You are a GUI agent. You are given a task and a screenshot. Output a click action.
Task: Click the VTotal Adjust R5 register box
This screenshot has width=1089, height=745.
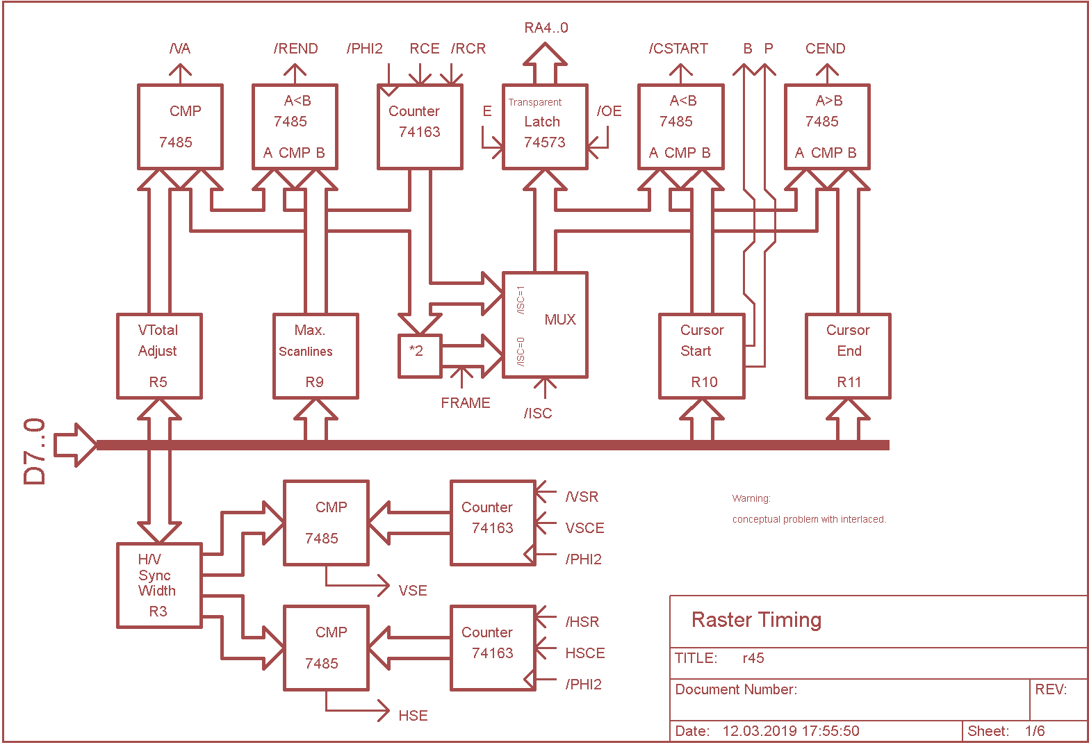(x=159, y=356)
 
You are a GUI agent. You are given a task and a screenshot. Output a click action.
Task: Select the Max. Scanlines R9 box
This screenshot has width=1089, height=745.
(x=316, y=356)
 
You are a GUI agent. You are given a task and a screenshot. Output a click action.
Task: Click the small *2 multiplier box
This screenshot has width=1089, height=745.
(x=420, y=356)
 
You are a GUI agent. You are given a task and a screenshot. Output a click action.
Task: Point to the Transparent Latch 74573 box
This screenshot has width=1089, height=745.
(x=545, y=126)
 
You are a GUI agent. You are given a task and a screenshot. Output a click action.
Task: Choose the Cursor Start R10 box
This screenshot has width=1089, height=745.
(x=702, y=356)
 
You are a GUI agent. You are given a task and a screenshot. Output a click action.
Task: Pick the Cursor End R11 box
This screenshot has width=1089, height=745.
(x=848, y=356)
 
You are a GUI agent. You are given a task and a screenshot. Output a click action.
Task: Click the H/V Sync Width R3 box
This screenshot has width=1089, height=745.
(x=159, y=585)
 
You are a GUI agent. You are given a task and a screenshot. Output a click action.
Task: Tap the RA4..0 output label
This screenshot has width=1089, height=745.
(x=546, y=28)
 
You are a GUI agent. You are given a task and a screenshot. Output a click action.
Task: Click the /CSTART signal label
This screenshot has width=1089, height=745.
(x=678, y=49)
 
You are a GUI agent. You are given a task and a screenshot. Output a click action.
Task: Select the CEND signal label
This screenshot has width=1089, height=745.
(x=825, y=49)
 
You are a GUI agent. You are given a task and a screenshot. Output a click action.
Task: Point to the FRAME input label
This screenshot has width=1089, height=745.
(x=466, y=403)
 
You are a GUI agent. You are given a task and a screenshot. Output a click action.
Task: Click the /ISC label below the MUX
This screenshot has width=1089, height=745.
(x=538, y=414)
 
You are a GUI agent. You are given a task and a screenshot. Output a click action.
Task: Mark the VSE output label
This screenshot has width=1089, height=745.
(x=413, y=591)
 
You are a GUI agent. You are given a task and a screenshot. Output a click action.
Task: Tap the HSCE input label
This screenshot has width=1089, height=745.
(x=585, y=653)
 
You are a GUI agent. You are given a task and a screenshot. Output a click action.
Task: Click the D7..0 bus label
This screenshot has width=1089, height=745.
(x=35, y=451)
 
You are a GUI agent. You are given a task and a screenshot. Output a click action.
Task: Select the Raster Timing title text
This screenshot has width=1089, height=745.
(x=756, y=620)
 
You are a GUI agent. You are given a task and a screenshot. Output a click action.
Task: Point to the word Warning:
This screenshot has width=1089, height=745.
(x=751, y=498)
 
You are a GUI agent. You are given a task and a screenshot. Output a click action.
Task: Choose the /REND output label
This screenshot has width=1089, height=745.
(x=295, y=49)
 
